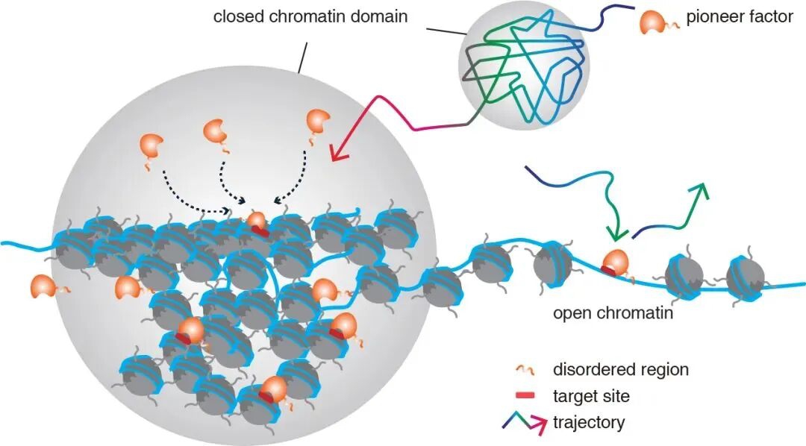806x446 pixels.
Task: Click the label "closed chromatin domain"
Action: point(310,16)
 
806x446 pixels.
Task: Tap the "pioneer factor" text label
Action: point(740,16)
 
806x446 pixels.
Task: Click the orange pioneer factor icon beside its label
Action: point(654,23)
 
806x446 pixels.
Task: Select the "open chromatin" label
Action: point(613,313)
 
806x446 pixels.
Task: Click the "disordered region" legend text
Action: point(620,369)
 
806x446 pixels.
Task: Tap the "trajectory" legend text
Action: point(588,424)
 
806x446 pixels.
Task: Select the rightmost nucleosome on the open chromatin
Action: point(746,275)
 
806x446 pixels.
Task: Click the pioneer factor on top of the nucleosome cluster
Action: point(256,221)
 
